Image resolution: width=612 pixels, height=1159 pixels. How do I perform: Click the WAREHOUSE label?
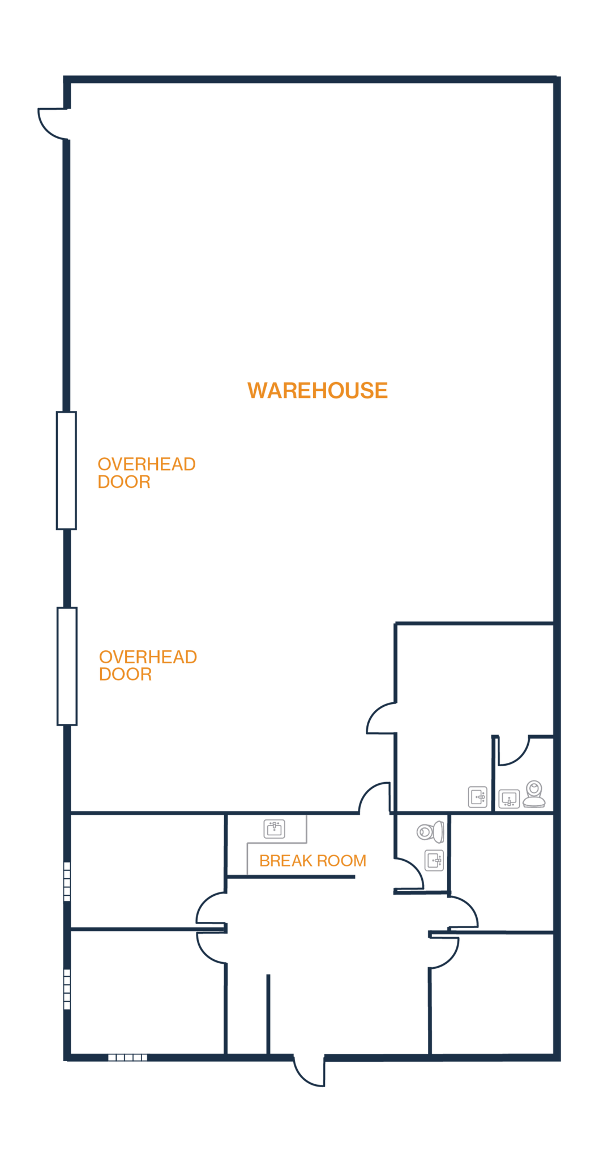(x=317, y=390)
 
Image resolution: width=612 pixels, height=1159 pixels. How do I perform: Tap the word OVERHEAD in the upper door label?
(x=147, y=464)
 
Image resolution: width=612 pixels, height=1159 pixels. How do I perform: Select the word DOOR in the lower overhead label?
(x=126, y=673)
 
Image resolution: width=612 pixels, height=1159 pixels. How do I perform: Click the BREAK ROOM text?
(x=313, y=861)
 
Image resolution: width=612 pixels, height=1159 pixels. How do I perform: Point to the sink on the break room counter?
(x=275, y=829)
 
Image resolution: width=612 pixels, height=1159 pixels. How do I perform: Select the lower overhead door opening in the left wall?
(x=67, y=666)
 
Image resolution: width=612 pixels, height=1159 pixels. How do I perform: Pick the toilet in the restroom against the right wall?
(x=534, y=792)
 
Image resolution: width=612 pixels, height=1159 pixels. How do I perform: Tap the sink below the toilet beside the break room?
(x=434, y=861)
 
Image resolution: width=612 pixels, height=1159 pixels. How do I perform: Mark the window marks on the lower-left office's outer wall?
(x=67, y=989)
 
